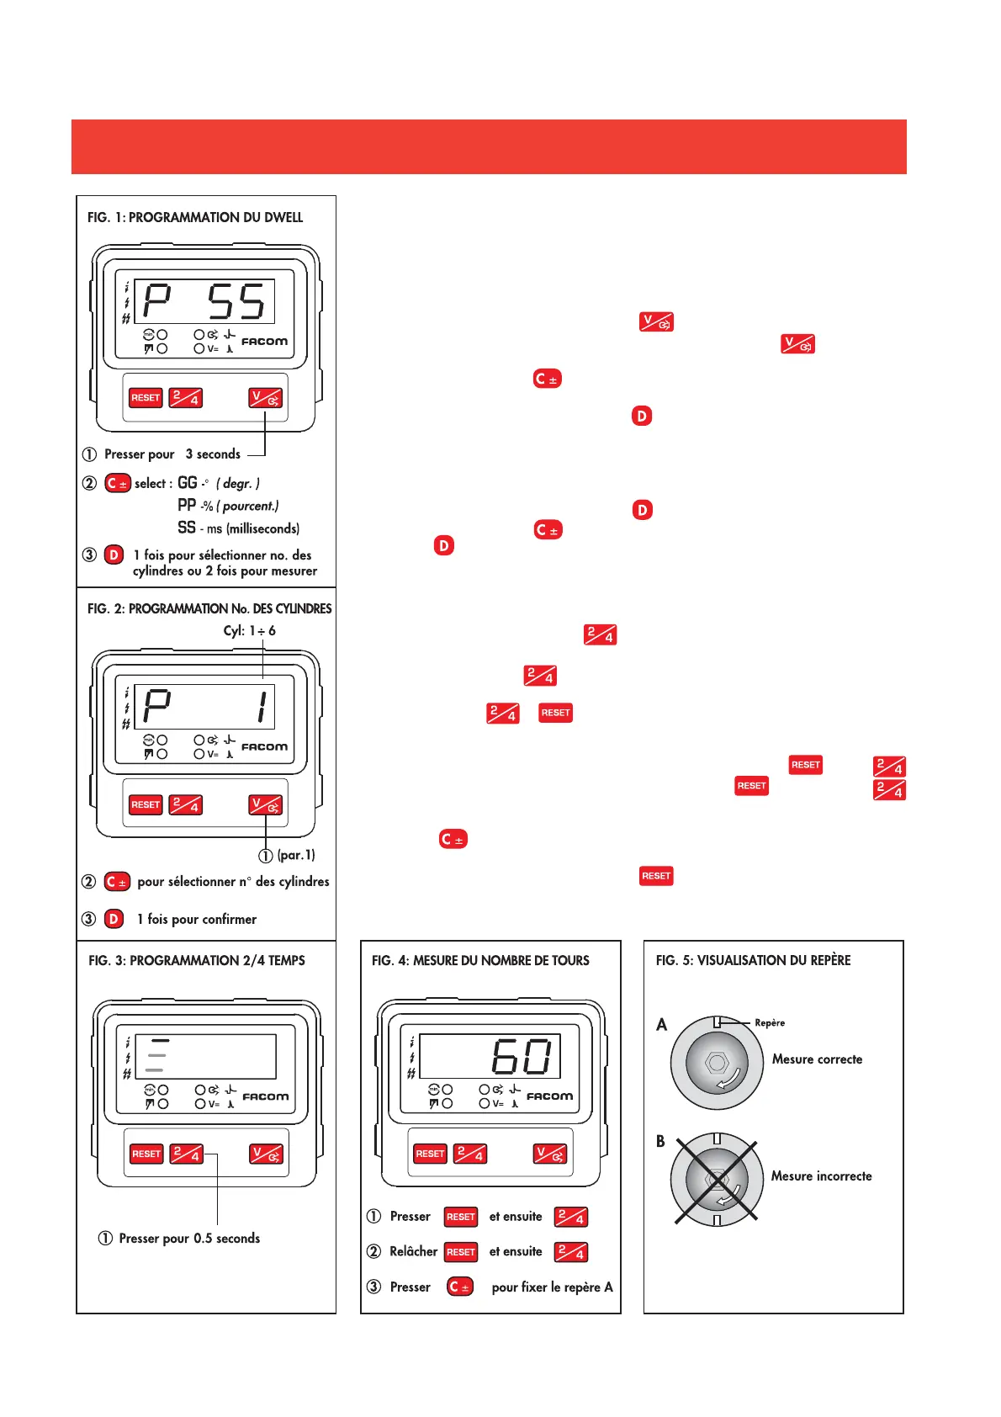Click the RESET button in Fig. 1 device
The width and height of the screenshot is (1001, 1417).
pyautogui.click(x=145, y=398)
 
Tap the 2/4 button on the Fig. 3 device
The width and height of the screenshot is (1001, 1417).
pyautogui.click(x=186, y=1154)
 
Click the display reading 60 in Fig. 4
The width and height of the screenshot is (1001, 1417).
pyautogui.click(x=522, y=1057)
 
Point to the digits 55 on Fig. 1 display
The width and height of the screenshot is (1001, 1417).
pyautogui.click(x=236, y=301)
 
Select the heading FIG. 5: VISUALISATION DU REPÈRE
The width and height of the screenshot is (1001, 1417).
pyautogui.click(x=753, y=960)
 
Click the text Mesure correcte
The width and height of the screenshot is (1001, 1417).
pyautogui.click(x=817, y=1059)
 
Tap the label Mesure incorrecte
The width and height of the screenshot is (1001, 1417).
pyautogui.click(x=821, y=1176)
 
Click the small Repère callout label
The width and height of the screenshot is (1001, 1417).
pyautogui.click(x=770, y=1023)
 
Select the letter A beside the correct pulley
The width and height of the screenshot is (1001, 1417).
pyautogui.click(x=662, y=1025)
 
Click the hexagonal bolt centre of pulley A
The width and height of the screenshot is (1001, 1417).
pyautogui.click(x=717, y=1063)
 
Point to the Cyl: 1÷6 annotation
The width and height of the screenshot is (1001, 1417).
pyautogui.click(x=249, y=631)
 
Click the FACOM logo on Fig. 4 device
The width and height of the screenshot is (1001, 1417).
pyautogui.click(x=549, y=1096)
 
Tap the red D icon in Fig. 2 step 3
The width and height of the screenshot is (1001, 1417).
pyautogui.click(x=114, y=919)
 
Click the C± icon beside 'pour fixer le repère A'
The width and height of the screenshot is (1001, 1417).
pyautogui.click(x=460, y=1287)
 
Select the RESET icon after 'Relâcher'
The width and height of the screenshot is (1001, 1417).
pyautogui.click(x=461, y=1252)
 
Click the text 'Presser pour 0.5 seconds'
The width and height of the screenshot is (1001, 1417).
pyautogui.click(x=189, y=1239)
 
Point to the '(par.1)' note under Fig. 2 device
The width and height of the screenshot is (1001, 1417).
pyautogui.click(x=295, y=856)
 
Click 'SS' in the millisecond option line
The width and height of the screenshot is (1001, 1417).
pyautogui.click(x=187, y=528)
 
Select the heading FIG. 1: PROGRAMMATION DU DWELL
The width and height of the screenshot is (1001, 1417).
pyautogui.click(x=195, y=217)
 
